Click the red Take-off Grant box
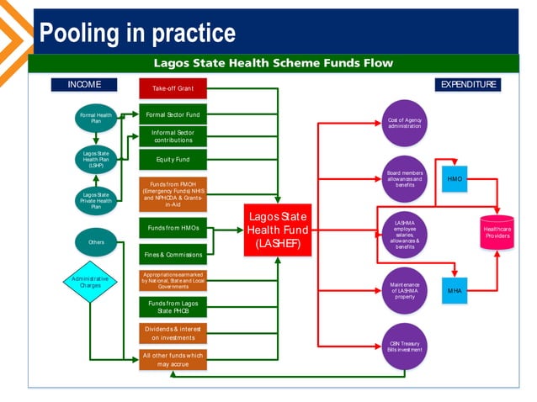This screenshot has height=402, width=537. [x=173, y=88]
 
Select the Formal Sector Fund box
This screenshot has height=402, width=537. [x=173, y=114]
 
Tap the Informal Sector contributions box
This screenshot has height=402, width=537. [x=173, y=136]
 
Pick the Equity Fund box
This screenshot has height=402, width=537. [x=173, y=159]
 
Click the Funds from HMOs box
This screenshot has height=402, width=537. [x=173, y=227]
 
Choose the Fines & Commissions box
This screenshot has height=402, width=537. [x=173, y=254]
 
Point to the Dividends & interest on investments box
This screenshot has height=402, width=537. [x=173, y=333]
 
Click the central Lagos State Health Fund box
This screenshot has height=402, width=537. [x=278, y=230]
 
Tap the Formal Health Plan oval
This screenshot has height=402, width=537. [x=96, y=119]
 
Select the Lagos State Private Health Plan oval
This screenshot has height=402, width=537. [x=96, y=200]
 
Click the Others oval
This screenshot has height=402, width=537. [x=96, y=242]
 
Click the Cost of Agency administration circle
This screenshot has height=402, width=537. [x=404, y=123]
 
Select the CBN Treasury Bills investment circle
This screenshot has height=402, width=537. [x=404, y=346]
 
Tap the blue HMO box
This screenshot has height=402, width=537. [x=455, y=179]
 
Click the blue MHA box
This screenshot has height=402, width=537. [x=455, y=290]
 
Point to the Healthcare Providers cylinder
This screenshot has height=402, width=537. [x=496, y=231]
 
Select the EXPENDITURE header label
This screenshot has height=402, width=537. [x=469, y=84]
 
